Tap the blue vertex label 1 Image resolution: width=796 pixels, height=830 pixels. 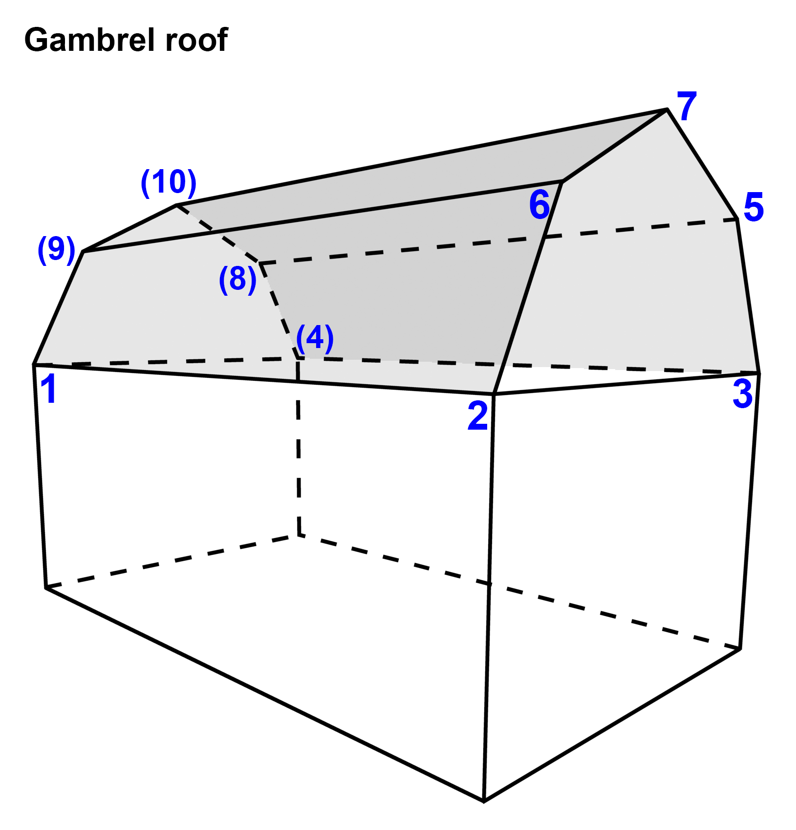pyautogui.click(x=49, y=390)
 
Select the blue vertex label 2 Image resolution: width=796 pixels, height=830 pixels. pyautogui.click(x=477, y=416)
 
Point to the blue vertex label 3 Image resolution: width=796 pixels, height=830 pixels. pyautogui.click(x=742, y=394)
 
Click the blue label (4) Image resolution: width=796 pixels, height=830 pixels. pyautogui.click(x=315, y=338)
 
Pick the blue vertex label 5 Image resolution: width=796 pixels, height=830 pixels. pyautogui.click(x=753, y=207)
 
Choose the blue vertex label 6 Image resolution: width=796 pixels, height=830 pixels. pyautogui.click(x=539, y=205)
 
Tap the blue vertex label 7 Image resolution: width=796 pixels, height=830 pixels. pyautogui.click(x=687, y=106)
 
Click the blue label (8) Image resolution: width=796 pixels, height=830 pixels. pyautogui.click(x=237, y=279)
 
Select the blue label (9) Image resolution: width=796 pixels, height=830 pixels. pyautogui.click(x=57, y=249)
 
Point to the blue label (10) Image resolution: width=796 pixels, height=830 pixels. pyautogui.click(x=169, y=182)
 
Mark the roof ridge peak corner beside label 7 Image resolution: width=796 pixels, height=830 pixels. pyautogui.click(x=667, y=110)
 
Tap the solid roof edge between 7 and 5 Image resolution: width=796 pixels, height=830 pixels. pyautogui.click(x=702, y=164)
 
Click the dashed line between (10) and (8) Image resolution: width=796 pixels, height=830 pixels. pyautogui.click(x=217, y=234)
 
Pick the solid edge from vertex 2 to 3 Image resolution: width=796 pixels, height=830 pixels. pyautogui.click(x=625, y=383)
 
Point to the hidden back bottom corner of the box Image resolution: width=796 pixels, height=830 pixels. pyautogui.click(x=299, y=536)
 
